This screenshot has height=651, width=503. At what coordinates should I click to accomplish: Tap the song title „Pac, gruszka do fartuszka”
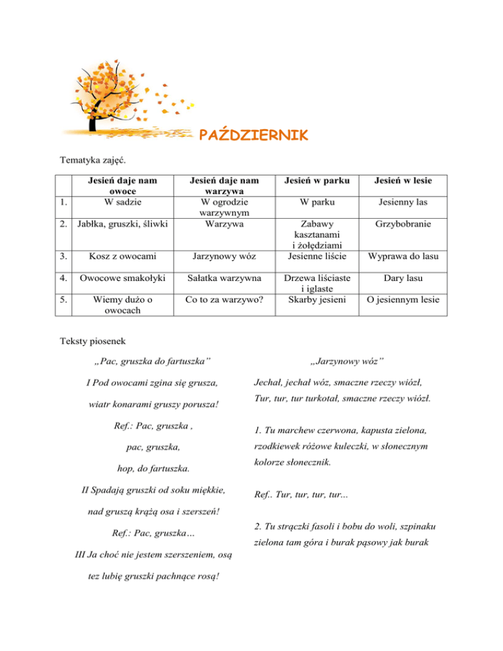152,361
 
